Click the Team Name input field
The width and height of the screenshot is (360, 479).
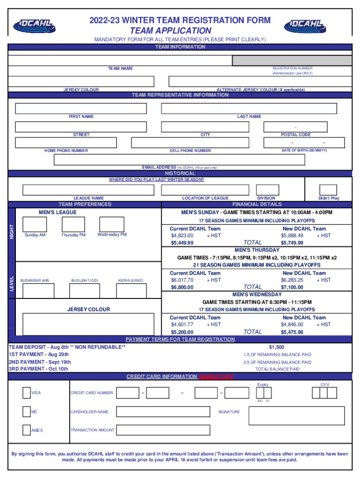point(120,60)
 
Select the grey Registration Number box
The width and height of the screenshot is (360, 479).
point(292,60)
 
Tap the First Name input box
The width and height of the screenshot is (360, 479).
point(81,108)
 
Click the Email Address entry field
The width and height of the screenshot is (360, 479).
point(180,160)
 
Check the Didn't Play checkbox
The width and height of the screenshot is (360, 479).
point(328,189)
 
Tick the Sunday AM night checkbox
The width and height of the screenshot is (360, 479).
point(35,224)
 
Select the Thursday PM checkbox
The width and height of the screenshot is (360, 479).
point(73,224)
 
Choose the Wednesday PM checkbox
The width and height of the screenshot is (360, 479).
point(112,224)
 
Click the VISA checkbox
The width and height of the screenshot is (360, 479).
point(27,392)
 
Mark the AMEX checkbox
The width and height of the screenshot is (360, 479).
point(27,430)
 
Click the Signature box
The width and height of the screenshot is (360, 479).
point(296,415)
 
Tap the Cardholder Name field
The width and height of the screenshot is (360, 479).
point(163,412)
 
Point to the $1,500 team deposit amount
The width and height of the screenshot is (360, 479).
point(276,347)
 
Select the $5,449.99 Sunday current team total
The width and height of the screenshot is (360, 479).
point(182,243)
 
